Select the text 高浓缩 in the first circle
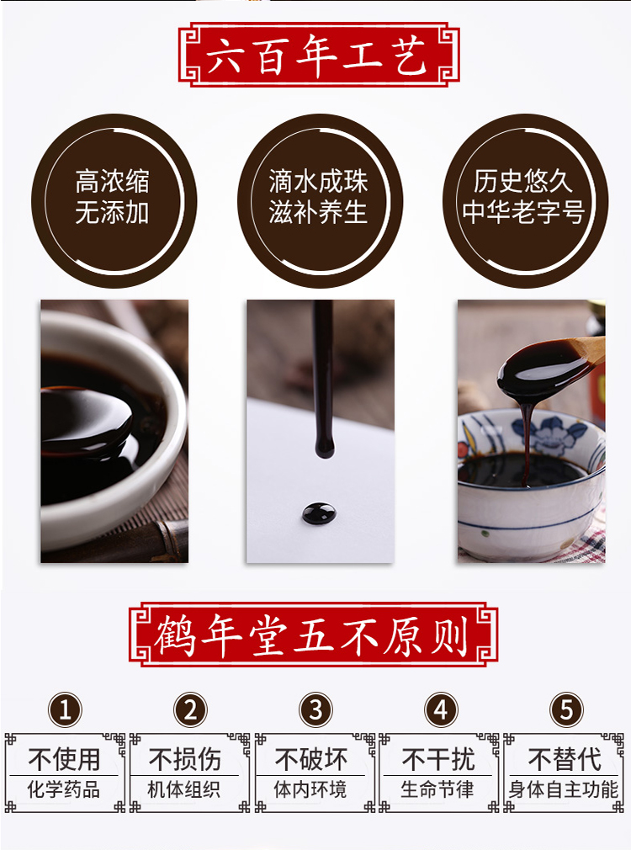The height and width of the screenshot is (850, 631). (x=112, y=181)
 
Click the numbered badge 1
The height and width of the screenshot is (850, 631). (x=66, y=710)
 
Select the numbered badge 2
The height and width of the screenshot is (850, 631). (x=191, y=710)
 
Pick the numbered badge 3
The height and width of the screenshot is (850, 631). (x=315, y=710)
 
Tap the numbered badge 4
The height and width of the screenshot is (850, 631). (x=441, y=710)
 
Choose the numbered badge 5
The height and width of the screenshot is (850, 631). (x=565, y=710)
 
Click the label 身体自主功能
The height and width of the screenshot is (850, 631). (x=564, y=790)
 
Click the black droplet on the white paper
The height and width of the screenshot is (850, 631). (x=317, y=511)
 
